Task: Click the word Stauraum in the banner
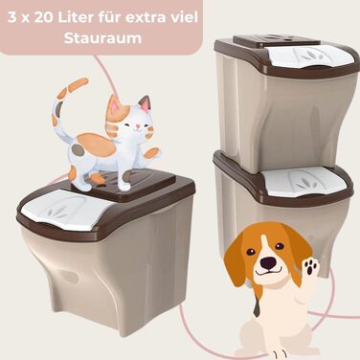[102, 38]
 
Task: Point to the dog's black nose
[267, 262]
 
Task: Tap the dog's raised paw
[310, 266]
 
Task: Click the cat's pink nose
[137, 126]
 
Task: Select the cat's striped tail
[64, 105]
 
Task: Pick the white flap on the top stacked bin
[310, 56]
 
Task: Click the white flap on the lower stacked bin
[306, 182]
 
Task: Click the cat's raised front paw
[152, 153]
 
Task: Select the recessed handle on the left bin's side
[68, 276]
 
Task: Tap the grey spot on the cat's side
[77, 148]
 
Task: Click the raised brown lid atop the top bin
[277, 40]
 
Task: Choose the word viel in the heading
[186, 17]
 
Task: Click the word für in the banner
[105, 17]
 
